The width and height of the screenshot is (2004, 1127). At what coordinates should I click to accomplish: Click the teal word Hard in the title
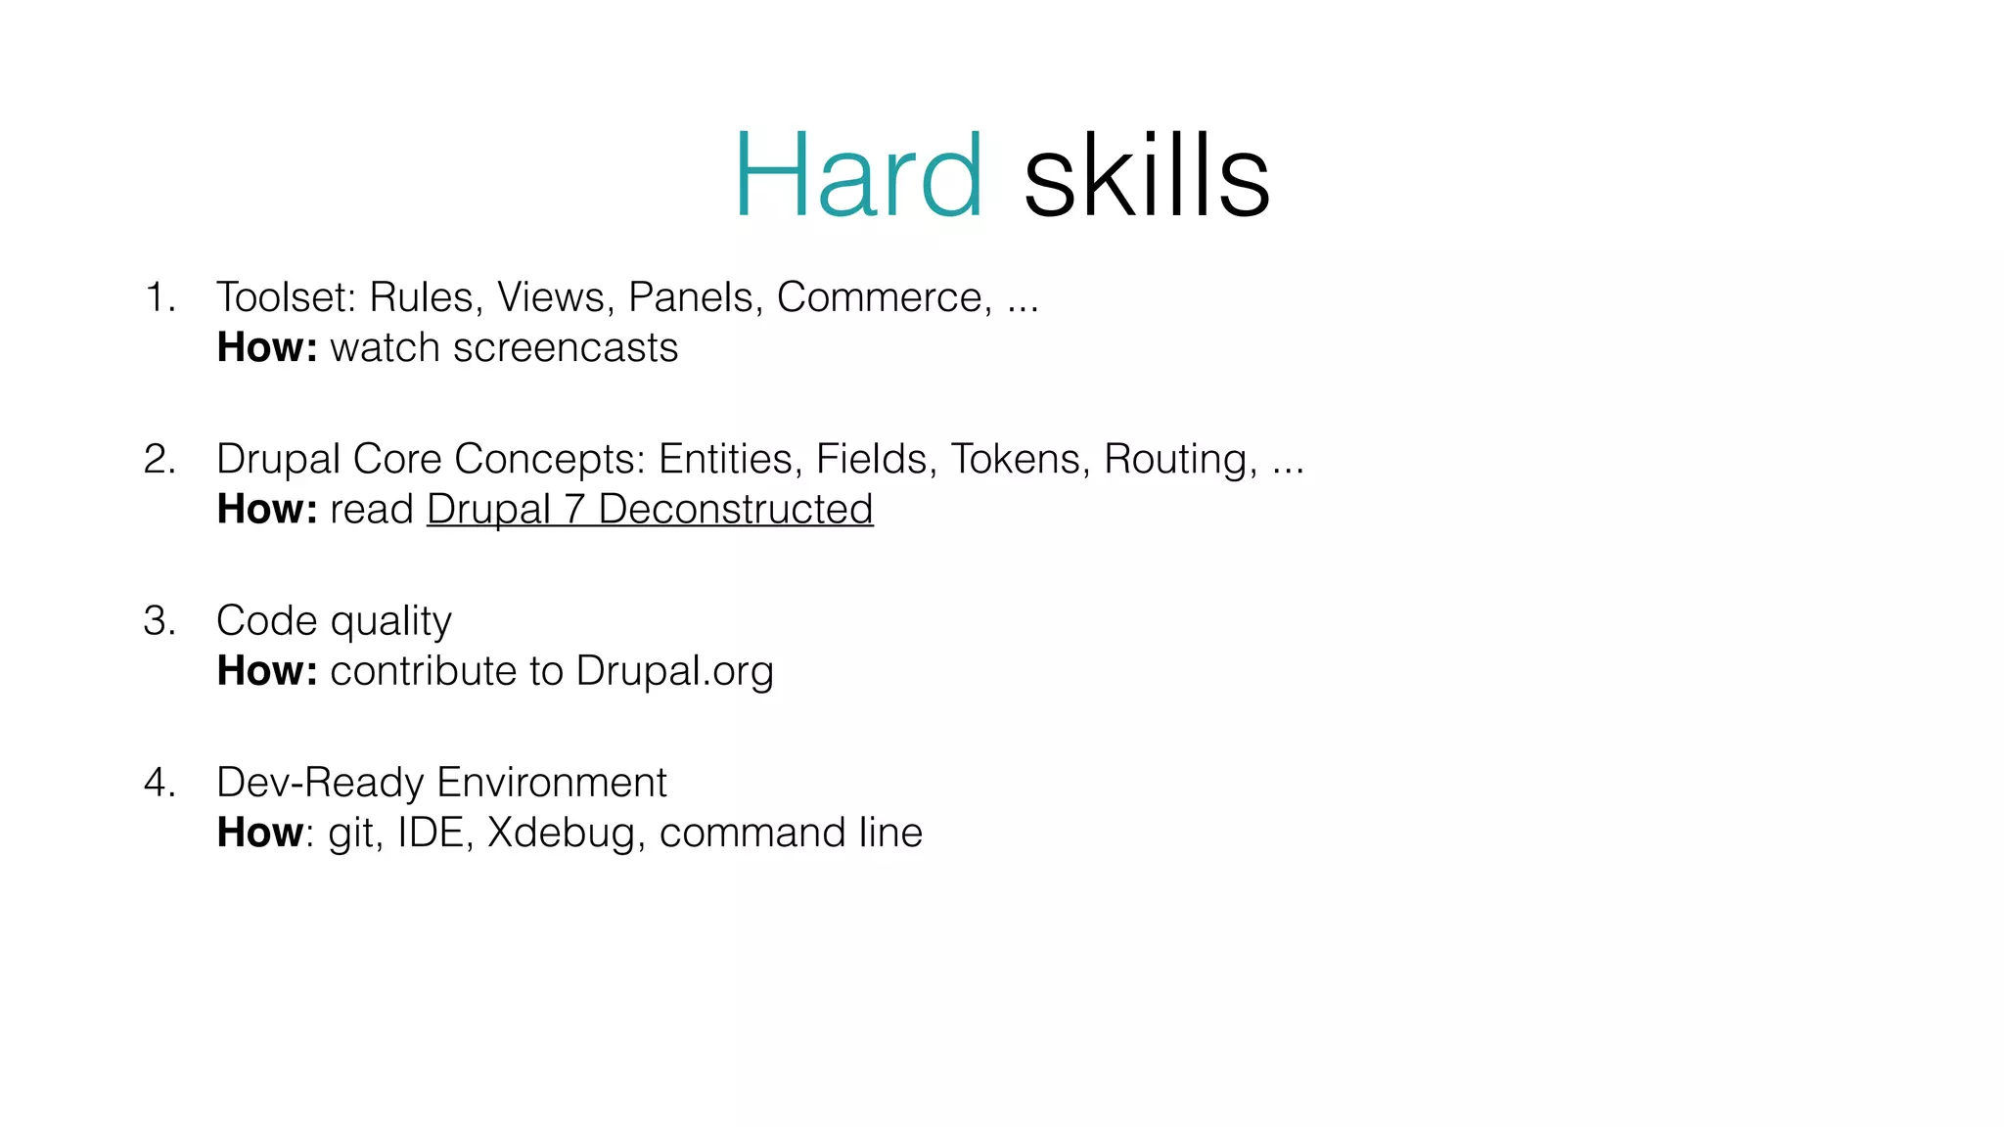(858, 176)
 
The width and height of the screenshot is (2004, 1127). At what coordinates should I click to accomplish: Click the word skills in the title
(1146, 176)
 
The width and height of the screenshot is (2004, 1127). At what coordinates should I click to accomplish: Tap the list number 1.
(159, 297)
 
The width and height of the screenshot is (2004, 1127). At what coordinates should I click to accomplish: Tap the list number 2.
(159, 459)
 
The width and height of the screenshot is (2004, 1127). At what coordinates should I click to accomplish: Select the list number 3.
(159, 621)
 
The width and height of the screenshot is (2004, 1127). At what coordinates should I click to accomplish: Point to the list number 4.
(159, 783)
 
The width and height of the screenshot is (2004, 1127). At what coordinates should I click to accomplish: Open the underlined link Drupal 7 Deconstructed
(650, 510)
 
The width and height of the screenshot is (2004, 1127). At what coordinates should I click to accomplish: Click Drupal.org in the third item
(674, 672)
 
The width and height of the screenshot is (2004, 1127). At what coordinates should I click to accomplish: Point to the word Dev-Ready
(320, 783)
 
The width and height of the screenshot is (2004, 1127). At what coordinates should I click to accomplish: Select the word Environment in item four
(551, 783)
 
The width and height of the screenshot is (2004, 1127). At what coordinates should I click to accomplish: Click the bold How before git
(260, 834)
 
